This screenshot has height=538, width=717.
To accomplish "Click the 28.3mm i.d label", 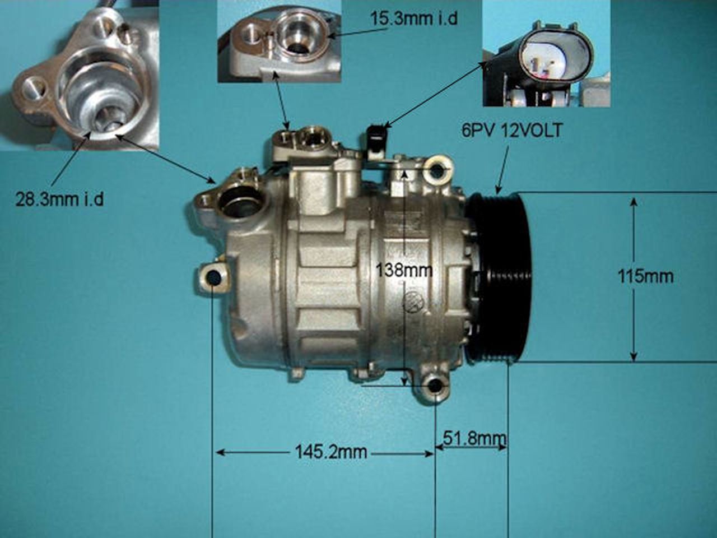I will coord(59,200).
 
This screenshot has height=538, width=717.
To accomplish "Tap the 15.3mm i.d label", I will coord(413,18).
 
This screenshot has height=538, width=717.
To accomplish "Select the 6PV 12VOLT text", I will coord(511,131).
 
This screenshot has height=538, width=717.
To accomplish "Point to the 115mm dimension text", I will coord(645,276).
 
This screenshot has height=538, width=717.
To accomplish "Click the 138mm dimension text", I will coord(404,270).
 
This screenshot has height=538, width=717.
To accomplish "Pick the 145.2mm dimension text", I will coord(332,452).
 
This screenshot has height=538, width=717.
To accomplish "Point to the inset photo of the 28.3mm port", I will coord(80,76).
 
